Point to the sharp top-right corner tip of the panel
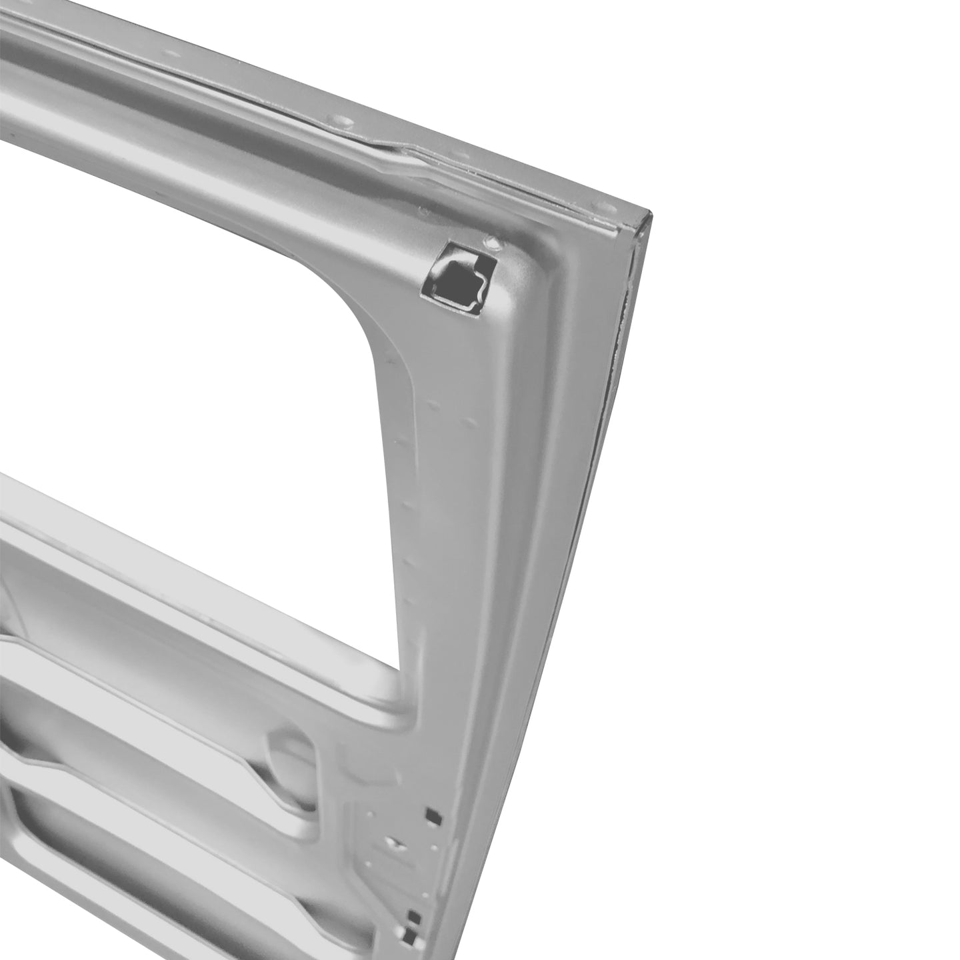[649, 215]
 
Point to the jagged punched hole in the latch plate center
[395, 845]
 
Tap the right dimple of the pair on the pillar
[471, 421]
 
